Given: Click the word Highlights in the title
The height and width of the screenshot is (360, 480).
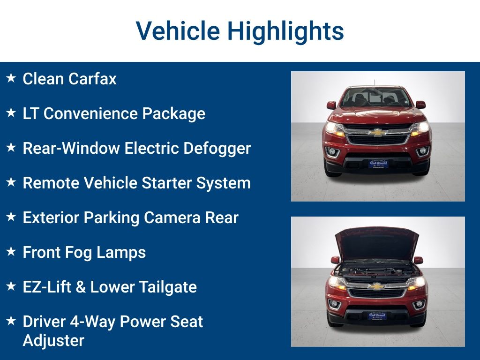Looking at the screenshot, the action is click(x=285, y=31).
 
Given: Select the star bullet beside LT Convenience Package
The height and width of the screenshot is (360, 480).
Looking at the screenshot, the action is click(x=11, y=112).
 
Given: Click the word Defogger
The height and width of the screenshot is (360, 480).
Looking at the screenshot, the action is click(x=217, y=149).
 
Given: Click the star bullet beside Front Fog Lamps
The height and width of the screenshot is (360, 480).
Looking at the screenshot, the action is click(x=11, y=251).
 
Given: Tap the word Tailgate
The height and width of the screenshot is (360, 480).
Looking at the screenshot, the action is click(x=168, y=287).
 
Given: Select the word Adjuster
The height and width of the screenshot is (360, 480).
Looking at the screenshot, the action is click(x=53, y=341).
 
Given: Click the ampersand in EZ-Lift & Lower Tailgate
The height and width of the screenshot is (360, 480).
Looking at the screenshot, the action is click(x=81, y=287).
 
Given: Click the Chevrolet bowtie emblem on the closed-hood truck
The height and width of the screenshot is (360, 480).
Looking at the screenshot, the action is click(x=377, y=132).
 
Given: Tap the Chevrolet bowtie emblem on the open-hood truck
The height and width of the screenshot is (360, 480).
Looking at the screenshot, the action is click(x=376, y=286).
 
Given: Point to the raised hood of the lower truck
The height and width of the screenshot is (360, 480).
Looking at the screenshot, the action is click(x=377, y=243).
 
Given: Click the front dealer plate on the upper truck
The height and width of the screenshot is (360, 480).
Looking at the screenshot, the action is click(x=378, y=164).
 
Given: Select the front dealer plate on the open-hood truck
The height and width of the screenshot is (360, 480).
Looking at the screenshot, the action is click(x=377, y=315).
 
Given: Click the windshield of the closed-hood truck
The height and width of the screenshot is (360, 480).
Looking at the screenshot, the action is click(x=376, y=97).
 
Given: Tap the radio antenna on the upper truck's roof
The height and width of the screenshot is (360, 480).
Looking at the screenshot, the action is click(x=375, y=83).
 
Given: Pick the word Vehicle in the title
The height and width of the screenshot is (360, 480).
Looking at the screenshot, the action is click(x=178, y=31).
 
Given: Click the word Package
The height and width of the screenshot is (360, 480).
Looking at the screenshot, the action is click(x=173, y=114).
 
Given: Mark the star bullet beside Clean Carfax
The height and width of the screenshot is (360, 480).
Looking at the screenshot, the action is click(x=11, y=78).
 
